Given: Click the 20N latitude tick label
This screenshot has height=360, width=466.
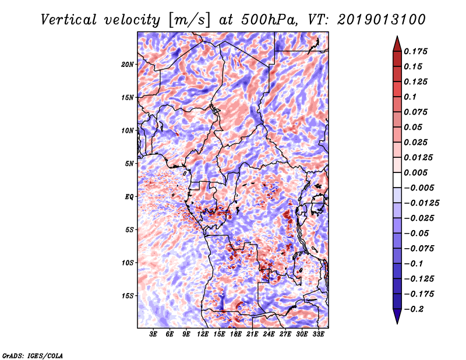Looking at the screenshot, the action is pos(128,65).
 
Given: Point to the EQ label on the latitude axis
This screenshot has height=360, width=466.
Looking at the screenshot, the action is pos(129,197).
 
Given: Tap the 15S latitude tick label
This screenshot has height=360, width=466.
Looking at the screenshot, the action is pos(128,296).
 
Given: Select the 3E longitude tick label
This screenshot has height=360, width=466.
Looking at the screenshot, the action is pos(153,334).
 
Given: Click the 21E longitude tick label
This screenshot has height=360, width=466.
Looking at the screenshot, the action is pos(252,334).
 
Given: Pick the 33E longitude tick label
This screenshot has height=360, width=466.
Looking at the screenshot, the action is pos(318,334).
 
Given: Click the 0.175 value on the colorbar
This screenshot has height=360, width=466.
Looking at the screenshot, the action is pos(415,51).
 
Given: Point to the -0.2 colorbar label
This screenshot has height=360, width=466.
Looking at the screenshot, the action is pos(414,309).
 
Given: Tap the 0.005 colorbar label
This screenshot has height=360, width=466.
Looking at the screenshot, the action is pos(415,172).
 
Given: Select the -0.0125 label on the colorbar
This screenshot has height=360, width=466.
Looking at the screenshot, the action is pos(421,203).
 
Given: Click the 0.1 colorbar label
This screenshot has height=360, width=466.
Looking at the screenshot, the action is pos(410,97).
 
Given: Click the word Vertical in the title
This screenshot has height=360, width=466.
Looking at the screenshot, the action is pos(69,20).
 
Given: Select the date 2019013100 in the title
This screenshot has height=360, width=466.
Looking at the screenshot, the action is pos(382,20).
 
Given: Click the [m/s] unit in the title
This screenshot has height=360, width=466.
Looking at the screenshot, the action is pos(189,20).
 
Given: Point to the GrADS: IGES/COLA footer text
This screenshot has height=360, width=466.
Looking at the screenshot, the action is pos(33,355).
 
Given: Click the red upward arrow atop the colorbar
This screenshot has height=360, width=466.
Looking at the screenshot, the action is pos(397,44).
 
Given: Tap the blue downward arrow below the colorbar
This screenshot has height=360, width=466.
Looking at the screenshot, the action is pos(397,316).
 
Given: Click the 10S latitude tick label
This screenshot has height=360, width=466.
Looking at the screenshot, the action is pos(128,263).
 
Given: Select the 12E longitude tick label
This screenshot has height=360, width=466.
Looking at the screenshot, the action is pos(202,334).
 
